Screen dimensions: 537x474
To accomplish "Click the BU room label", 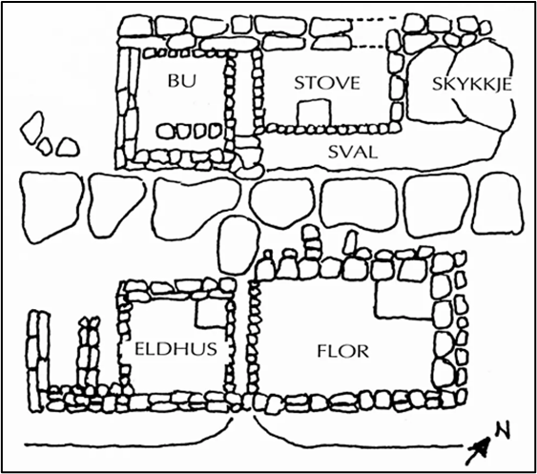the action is click(x=182, y=81).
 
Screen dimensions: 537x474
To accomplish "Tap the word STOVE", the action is click(x=327, y=83).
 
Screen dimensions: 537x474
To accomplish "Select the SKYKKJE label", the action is click(x=471, y=84).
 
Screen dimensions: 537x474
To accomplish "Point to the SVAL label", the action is click(x=353, y=152).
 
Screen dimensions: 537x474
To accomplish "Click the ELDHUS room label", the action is click(x=176, y=349).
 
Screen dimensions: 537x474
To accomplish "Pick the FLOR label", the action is click(x=342, y=351).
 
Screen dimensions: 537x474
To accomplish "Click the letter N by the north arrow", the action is click(x=503, y=431).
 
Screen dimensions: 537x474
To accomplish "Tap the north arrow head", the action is click(x=482, y=447).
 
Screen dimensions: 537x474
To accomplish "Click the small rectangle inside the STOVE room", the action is click(x=315, y=113).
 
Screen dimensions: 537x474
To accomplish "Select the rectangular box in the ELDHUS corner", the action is click(x=211, y=313).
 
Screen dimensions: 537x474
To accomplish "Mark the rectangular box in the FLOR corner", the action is click(x=404, y=299).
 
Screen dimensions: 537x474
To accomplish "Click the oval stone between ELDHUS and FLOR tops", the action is click(x=238, y=245).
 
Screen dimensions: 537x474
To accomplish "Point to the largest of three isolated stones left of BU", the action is click(x=32, y=128).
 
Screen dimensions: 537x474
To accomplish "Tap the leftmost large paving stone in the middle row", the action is click(x=52, y=207).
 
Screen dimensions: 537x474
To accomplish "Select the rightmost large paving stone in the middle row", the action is click(x=498, y=204).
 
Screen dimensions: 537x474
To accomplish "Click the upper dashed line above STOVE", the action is click(x=374, y=19).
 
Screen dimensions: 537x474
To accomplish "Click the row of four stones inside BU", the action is click(x=189, y=131).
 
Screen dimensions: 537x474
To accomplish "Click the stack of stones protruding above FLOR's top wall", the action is click(x=312, y=243).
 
